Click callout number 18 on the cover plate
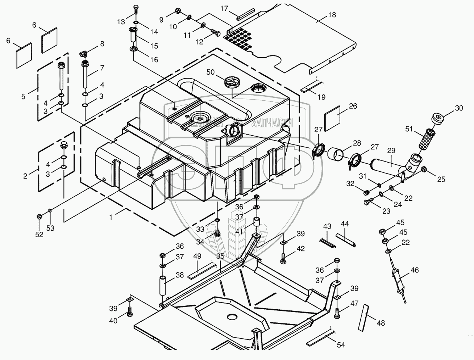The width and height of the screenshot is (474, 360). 332,15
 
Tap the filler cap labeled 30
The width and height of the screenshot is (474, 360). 438,119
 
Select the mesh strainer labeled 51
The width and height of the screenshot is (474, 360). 427,139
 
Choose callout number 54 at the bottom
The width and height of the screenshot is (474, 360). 341,345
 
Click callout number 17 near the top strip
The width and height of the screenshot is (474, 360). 224,8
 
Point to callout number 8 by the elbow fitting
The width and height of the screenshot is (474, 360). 102,44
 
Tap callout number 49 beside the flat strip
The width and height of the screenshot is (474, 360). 197,257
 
